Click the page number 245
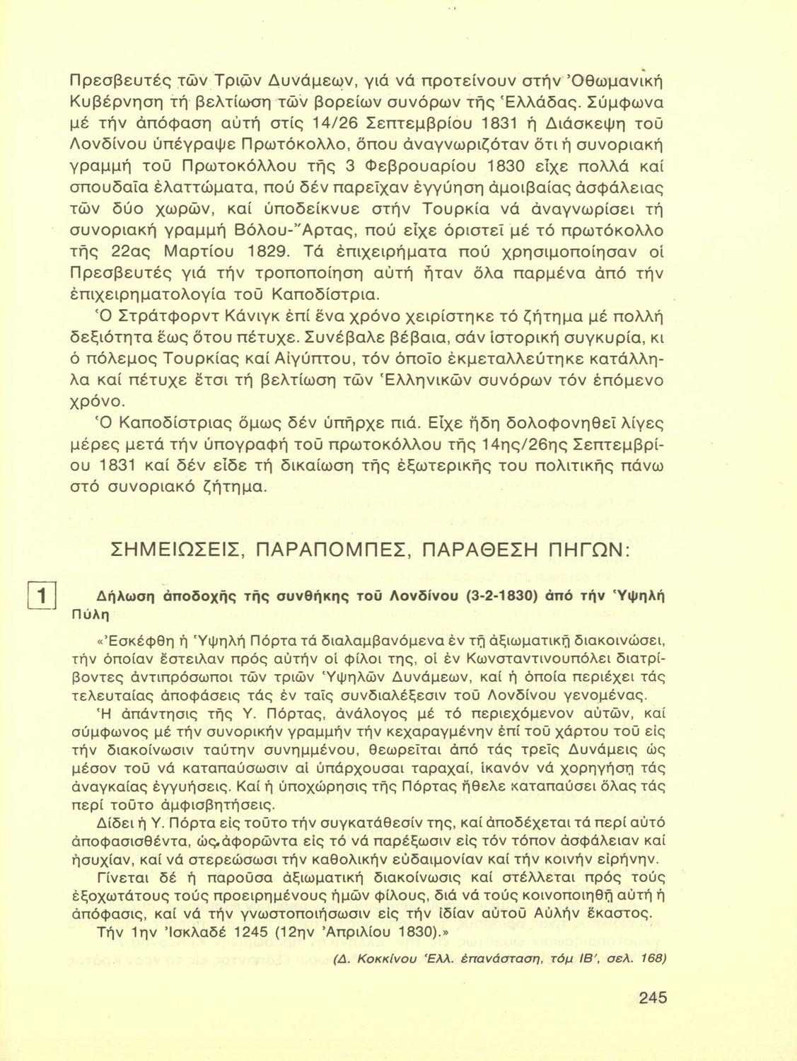[x=652, y=997]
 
